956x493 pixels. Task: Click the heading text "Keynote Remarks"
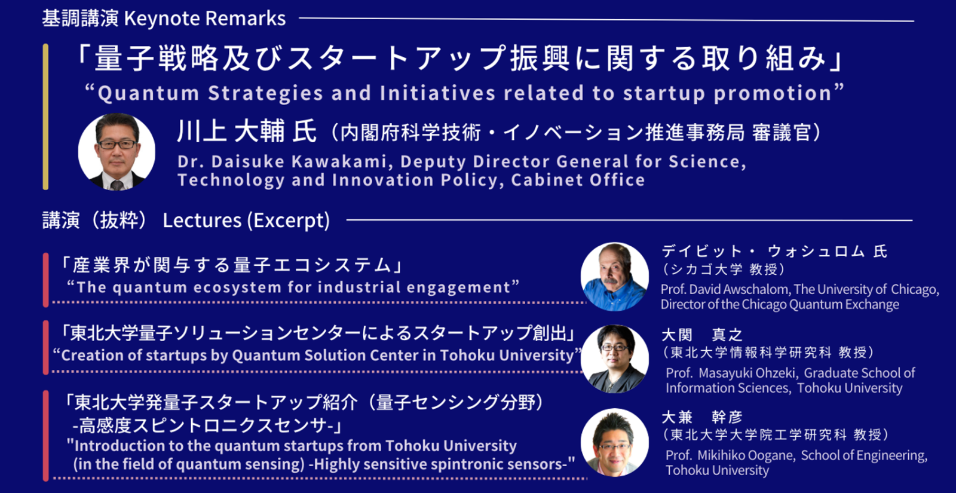click(205, 19)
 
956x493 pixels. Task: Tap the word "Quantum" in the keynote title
click(149, 93)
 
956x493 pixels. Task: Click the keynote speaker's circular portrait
click(117, 152)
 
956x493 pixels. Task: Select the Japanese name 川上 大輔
click(231, 131)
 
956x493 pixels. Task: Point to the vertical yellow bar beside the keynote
click(45, 117)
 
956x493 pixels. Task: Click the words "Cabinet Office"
click(578, 180)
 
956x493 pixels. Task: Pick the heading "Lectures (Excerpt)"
click(246, 221)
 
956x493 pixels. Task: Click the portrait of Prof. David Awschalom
click(615, 277)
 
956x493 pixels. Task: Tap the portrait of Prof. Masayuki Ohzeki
click(615, 359)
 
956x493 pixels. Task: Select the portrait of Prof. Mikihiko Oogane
click(615, 443)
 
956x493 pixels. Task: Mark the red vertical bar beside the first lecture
click(45, 280)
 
